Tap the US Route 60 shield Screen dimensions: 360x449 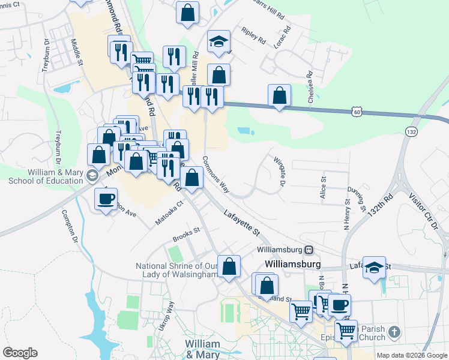[x=357, y=112]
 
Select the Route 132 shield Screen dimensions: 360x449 [x=411, y=131]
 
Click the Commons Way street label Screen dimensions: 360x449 [x=216, y=175]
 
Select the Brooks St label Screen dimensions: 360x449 [x=185, y=238]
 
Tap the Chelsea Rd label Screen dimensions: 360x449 [x=311, y=88]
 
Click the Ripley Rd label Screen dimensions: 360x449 [x=253, y=36]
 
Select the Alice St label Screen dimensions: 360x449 [x=323, y=187]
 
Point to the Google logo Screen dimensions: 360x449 [x=20, y=353]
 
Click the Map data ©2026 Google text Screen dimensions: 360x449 [x=411, y=355]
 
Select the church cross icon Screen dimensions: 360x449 [x=394, y=332]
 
